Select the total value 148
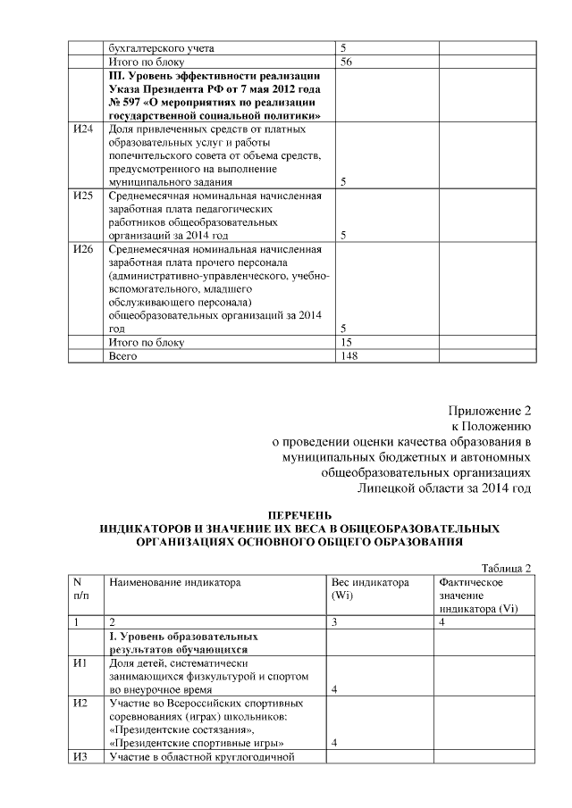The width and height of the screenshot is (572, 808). (350, 355)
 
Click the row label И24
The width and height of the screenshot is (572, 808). (82, 129)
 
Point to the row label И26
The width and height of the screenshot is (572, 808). (82, 247)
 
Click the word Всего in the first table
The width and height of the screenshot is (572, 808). (125, 355)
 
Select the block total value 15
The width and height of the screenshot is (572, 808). (348, 342)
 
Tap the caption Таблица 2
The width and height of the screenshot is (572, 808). (507, 568)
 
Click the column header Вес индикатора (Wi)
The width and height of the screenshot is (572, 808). (369, 588)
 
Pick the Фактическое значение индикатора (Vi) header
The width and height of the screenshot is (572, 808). (478, 596)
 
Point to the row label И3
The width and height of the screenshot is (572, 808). (80, 758)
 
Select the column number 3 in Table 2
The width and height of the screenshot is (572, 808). (333, 621)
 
